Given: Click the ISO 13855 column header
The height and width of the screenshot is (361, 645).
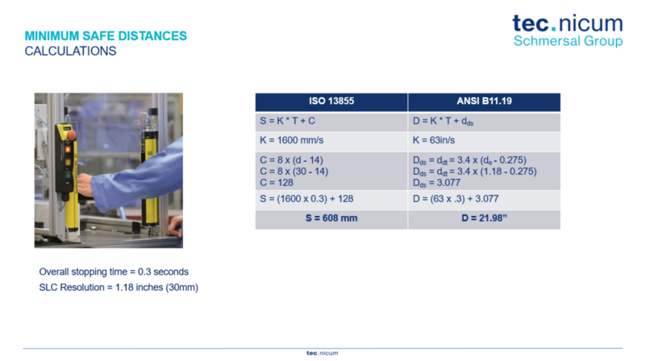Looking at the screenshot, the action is pyautogui.click(x=331, y=102).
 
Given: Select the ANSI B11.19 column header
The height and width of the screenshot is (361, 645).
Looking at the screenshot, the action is pyautogui.click(x=485, y=102).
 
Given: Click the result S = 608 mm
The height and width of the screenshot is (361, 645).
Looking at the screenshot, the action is pyautogui.click(x=331, y=218).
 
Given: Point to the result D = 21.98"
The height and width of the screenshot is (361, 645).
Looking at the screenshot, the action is pyautogui.click(x=485, y=218).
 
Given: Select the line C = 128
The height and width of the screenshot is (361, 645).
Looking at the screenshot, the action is pyautogui.click(x=277, y=183).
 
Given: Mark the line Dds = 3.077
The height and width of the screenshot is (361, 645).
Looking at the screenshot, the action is pyautogui.click(x=436, y=183).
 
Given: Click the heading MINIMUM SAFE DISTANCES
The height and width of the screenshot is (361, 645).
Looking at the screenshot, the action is pyautogui.click(x=106, y=36).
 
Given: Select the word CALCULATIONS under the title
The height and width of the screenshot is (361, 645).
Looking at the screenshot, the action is pyautogui.click(x=70, y=51).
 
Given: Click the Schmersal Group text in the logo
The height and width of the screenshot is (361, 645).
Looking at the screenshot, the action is pyautogui.click(x=568, y=41).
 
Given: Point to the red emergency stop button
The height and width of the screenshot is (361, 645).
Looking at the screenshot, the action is pyautogui.click(x=71, y=135).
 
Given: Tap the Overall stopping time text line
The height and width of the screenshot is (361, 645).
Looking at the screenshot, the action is pyautogui.click(x=114, y=272).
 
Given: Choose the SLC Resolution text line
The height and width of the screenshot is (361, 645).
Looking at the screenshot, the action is pyautogui.click(x=119, y=288).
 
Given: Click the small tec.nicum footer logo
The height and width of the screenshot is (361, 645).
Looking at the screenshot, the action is pyautogui.click(x=322, y=353).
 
